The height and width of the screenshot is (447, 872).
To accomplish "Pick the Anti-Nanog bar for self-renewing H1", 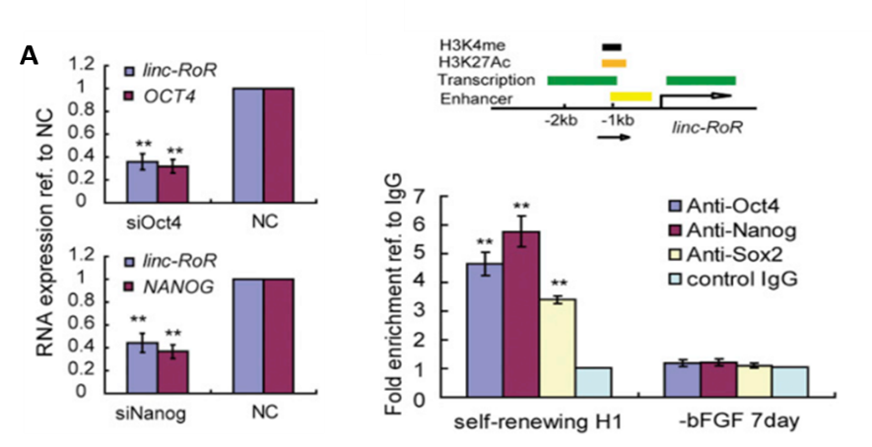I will [x=521, y=314].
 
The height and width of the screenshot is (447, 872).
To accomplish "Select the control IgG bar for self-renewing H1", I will [x=593, y=383].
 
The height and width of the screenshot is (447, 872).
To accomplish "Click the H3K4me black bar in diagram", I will [x=613, y=45].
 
